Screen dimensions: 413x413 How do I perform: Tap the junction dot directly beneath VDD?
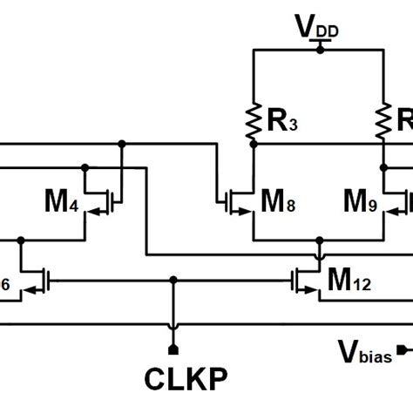click(319, 50)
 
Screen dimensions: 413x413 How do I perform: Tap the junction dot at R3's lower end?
click(253, 146)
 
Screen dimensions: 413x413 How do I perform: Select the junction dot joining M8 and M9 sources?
click(319, 238)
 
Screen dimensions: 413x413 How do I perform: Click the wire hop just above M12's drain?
click(319, 255)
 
